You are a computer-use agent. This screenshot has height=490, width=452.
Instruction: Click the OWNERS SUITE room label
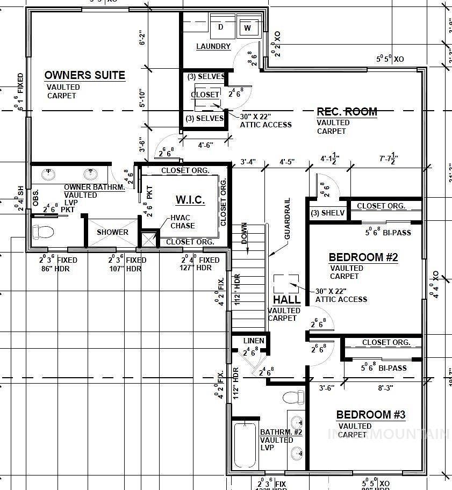(x=84, y=75)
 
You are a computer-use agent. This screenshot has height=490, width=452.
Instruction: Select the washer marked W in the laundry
(x=247, y=27)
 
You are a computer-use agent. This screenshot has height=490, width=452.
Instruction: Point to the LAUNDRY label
(x=213, y=47)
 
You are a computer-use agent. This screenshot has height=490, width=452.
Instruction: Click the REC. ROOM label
(x=347, y=112)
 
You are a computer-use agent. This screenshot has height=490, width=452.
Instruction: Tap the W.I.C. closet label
(x=190, y=200)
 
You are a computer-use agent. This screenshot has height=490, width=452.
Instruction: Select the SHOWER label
(x=112, y=232)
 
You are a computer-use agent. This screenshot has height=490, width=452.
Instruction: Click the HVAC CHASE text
(x=182, y=221)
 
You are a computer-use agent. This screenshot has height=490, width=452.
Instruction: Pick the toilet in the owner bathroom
(x=44, y=232)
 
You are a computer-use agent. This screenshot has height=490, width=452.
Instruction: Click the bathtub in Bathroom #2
(x=245, y=445)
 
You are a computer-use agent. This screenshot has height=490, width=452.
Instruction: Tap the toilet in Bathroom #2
(x=293, y=398)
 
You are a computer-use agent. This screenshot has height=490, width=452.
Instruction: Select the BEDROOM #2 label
(x=363, y=257)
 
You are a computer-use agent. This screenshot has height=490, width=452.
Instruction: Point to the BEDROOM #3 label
(x=370, y=415)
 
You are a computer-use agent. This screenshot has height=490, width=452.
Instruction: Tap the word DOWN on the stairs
(x=244, y=234)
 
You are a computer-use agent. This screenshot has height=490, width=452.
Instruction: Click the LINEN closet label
(x=254, y=341)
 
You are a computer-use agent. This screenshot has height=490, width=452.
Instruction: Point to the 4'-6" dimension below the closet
(x=206, y=145)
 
